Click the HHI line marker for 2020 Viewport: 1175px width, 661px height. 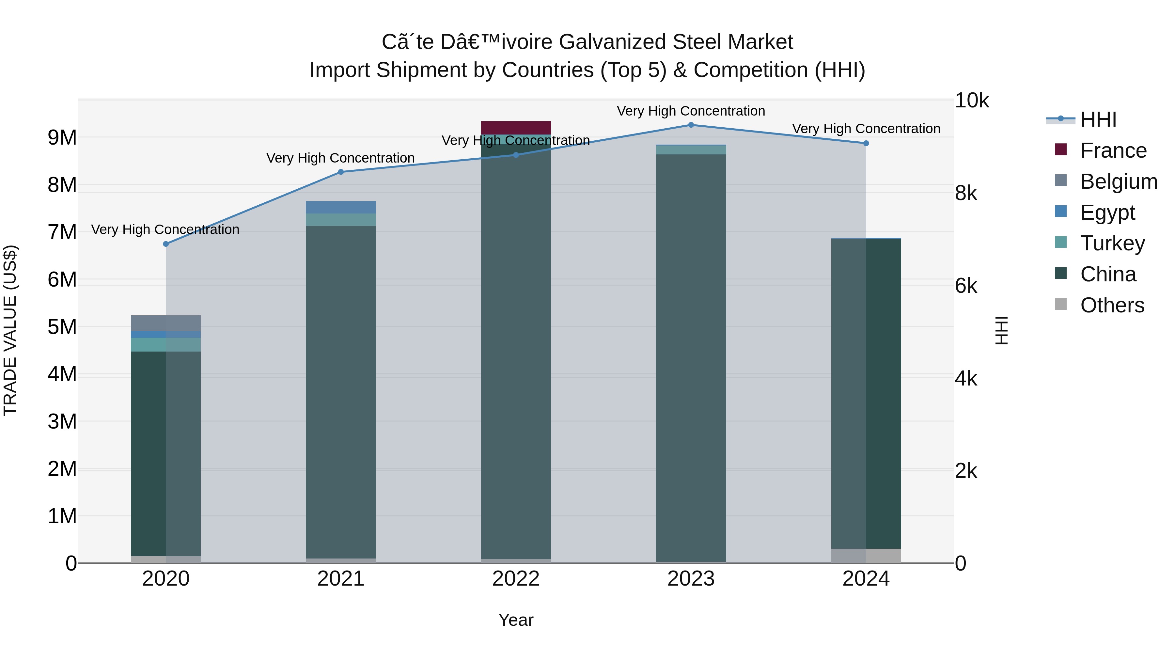click(x=165, y=244)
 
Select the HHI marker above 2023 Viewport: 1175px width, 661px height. click(x=691, y=125)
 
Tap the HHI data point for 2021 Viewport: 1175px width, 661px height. click(x=341, y=172)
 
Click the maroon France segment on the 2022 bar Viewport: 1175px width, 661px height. click(x=516, y=128)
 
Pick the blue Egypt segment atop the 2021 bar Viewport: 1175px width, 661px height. click(x=341, y=207)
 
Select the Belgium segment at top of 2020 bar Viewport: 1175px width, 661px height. click(x=165, y=323)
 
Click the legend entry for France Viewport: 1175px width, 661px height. click(x=1113, y=150)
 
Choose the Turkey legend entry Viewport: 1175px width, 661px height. click(x=1112, y=243)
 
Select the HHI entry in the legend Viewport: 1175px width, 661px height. click(x=1098, y=119)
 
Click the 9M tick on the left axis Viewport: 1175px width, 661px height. click(x=62, y=137)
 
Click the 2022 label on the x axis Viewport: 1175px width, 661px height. click(x=516, y=579)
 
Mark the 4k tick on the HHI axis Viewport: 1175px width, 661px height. click(x=966, y=379)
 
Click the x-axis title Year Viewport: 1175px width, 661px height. click(x=516, y=620)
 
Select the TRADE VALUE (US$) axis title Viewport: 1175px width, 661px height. click(x=10, y=330)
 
